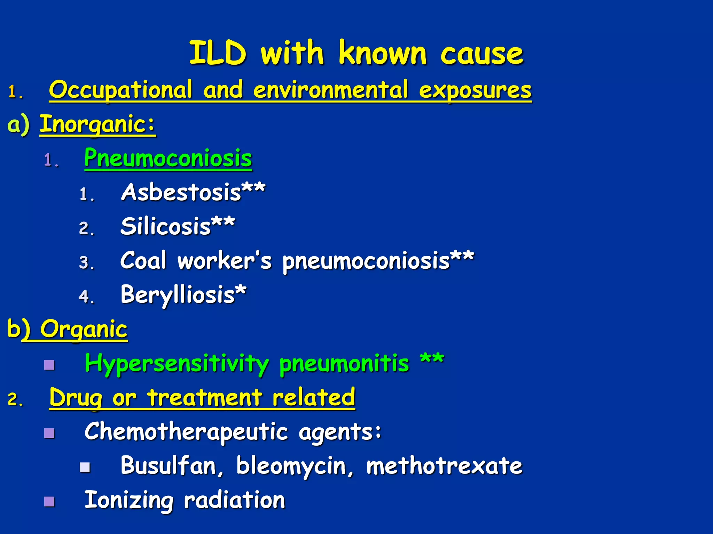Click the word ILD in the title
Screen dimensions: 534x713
coord(218,53)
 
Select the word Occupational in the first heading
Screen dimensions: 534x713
coord(120,90)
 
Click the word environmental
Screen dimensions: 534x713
coord(330,90)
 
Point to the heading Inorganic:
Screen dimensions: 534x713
coord(97,124)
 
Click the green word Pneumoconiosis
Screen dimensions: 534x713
coord(168,158)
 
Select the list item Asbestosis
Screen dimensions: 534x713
coord(181,192)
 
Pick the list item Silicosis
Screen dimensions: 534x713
coord(166,226)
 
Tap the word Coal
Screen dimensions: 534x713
coord(143,260)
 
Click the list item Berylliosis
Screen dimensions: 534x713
coord(178,294)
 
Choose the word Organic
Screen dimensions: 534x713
coord(84,329)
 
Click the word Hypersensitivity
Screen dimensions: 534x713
coord(177,363)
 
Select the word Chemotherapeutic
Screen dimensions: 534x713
coord(186,431)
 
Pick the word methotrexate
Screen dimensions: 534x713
coord(444,466)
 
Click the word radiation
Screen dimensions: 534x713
coord(234,500)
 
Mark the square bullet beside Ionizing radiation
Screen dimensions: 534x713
coord(49,501)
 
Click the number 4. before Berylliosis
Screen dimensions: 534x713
coord(86,297)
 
